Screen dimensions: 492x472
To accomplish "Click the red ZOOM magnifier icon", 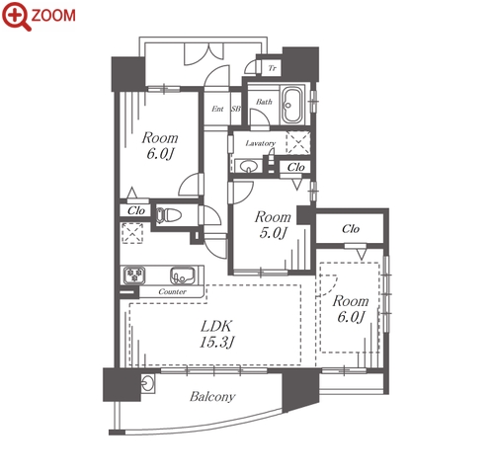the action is tap(16, 16).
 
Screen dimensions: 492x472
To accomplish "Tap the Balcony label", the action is tap(212, 397).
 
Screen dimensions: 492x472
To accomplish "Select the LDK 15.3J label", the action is tap(216, 334).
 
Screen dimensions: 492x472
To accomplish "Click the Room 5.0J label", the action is tap(273, 225).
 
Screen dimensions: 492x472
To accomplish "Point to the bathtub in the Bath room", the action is tap(291, 105).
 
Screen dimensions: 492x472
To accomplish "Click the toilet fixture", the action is tap(169, 215).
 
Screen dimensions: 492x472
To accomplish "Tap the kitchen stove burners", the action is tap(134, 275).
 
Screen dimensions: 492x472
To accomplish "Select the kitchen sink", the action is tap(183, 275).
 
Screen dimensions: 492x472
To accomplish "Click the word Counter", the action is tap(172, 291).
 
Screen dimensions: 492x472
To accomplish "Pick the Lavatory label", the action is tap(261, 143).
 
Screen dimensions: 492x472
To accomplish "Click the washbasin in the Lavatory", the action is tap(248, 167).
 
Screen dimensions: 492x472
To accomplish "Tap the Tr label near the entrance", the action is tap(272, 68).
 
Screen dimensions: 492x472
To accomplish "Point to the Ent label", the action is tap(217, 109).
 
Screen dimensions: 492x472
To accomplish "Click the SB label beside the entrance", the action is tap(236, 109).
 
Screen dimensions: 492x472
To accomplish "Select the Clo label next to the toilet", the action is tap(136, 210).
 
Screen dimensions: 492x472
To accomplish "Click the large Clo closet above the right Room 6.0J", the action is tap(351, 228).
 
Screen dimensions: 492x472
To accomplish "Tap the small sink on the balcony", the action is tap(147, 383).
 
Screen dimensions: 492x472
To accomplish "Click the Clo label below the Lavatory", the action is tap(295, 167).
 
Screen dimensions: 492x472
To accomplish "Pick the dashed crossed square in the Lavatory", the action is tap(298, 142).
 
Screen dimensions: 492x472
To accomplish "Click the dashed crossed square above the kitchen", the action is tap(132, 233).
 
